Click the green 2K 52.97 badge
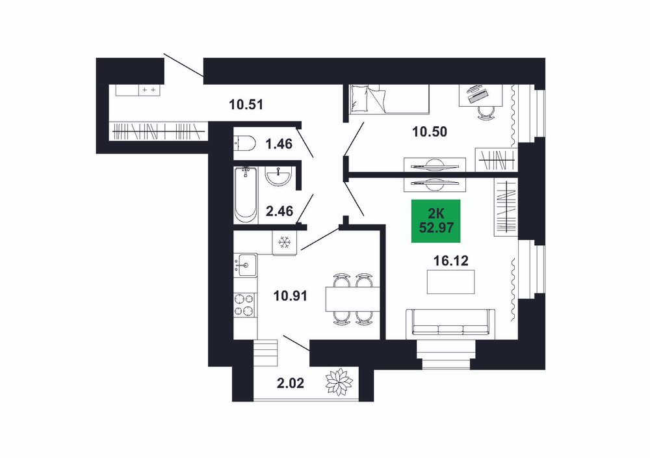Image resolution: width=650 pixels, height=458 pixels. click(435, 221)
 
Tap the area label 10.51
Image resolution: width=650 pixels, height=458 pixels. click(246, 104)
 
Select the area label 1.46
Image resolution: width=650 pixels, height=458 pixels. click(279, 144)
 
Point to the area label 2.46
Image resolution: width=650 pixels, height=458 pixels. click(279, 211)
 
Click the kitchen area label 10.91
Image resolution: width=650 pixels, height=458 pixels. click(290, 296)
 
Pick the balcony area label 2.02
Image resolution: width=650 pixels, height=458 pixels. click(290, 383)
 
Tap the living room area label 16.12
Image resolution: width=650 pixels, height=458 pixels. click(451, 260)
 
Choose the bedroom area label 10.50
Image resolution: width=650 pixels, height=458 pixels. click(430, 132)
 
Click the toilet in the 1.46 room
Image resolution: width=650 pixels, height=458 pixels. click(244, 144)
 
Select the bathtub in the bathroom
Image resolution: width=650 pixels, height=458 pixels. click(245, 195)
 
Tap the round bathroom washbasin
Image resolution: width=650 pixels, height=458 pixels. click(279, 176)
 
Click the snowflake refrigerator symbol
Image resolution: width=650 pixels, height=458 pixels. click(285, 242)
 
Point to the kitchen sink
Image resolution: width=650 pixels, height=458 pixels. click(245, 265)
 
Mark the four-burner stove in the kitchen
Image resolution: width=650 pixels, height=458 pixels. click(244, 304)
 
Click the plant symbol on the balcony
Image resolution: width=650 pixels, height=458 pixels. click(339, 382)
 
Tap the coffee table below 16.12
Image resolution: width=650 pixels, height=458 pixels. click(451, 282)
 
